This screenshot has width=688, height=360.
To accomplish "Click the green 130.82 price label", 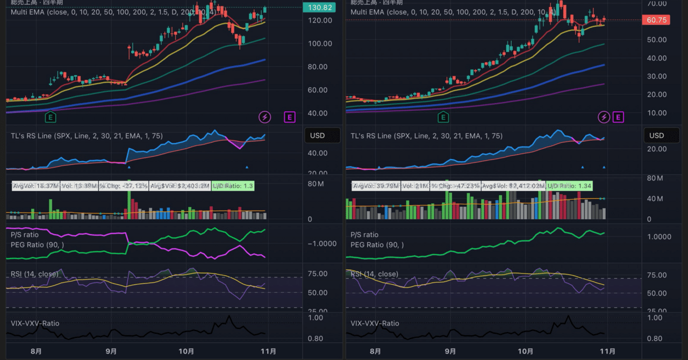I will [x=319, y=8].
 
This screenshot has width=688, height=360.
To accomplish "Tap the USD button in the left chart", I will [x=317, y=135].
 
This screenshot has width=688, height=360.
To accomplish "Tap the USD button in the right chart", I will [x=656, y=135].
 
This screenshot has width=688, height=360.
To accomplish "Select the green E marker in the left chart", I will [x=52, y=117].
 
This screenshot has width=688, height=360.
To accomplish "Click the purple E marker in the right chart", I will [x=618, y=117].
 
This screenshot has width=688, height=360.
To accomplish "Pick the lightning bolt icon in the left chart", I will [x=264, y=117].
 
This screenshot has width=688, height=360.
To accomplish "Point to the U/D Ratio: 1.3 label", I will [x=232, y=186].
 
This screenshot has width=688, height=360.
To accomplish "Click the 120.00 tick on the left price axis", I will [x=317, y=20].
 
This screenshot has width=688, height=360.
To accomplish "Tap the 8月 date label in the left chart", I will [x=37, y=351].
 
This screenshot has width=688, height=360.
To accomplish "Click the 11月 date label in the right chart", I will [x=607, y=351].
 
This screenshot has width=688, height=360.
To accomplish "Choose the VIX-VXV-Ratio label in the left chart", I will [x=35, y=323].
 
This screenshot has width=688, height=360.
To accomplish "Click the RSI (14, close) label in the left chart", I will [x=34, y=274].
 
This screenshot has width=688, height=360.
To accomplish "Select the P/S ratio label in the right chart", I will [x=364, y=235].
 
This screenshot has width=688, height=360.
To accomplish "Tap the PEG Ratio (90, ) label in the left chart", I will [x=37, y=245].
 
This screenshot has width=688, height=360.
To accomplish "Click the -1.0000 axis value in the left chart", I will [x=321, y=243].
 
